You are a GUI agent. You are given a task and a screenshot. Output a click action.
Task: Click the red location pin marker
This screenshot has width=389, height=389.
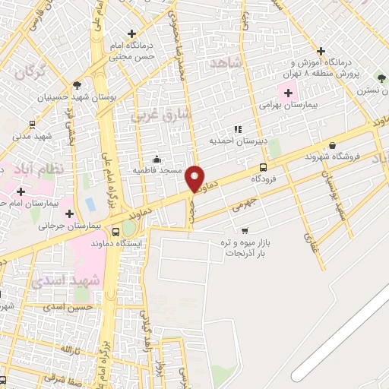coord(195,179)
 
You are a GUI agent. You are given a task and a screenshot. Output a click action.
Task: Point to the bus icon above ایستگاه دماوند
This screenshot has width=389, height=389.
coord(115,232)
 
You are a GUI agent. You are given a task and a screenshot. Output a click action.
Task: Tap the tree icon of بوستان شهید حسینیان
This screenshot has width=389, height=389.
coord(77,85)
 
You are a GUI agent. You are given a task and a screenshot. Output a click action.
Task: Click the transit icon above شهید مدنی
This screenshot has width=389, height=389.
coord(32,124)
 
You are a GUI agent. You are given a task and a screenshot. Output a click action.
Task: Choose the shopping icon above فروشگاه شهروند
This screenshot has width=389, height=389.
coord(331,145)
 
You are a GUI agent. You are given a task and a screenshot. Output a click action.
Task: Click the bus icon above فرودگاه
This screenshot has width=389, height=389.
coord(263,167)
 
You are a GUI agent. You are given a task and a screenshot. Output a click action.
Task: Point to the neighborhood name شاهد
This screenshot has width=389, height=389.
coord(228,64)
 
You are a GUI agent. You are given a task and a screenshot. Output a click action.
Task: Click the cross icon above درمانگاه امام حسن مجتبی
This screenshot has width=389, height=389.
coord(132,33)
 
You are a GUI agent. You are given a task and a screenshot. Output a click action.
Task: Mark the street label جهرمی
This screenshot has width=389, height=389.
coord(245,204)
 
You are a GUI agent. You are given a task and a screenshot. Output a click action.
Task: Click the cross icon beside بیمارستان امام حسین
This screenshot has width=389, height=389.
coord(20,191)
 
